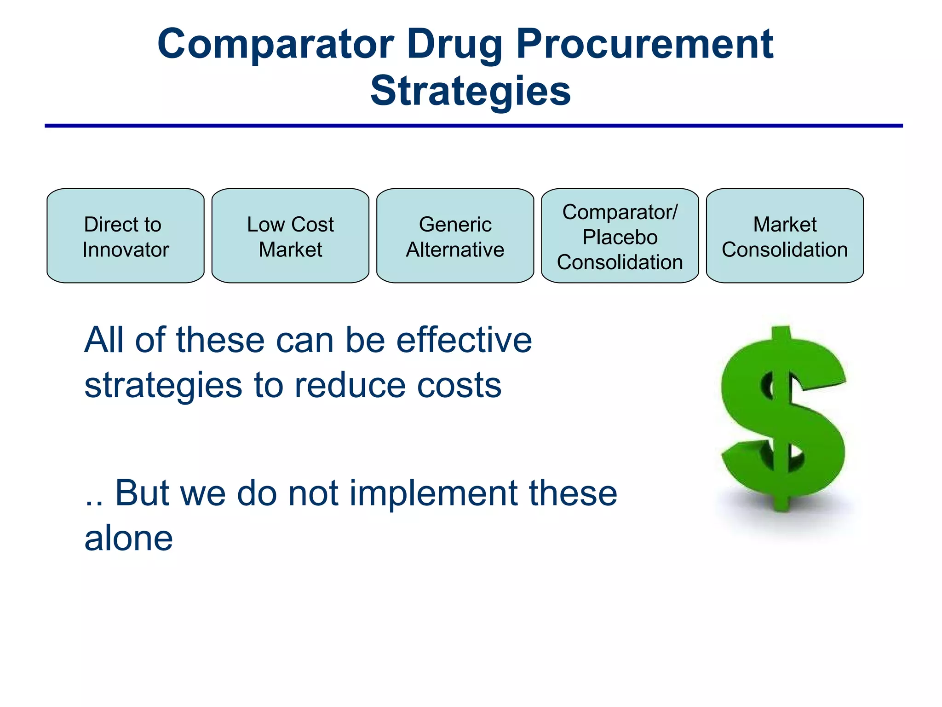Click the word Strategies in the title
(x=471, y=91)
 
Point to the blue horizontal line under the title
(x=474, y=126)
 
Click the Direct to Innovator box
(x=126, y=236)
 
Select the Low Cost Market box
(x=290, y=236)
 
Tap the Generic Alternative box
(x=455, y=236)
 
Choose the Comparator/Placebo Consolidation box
(x=620, y=236)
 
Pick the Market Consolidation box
(x=785, y=236)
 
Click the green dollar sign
(x=783, y=419)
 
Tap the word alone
(x=129, y=538)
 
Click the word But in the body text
(x=142, y=493)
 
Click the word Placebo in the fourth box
(x=620, y=238)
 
